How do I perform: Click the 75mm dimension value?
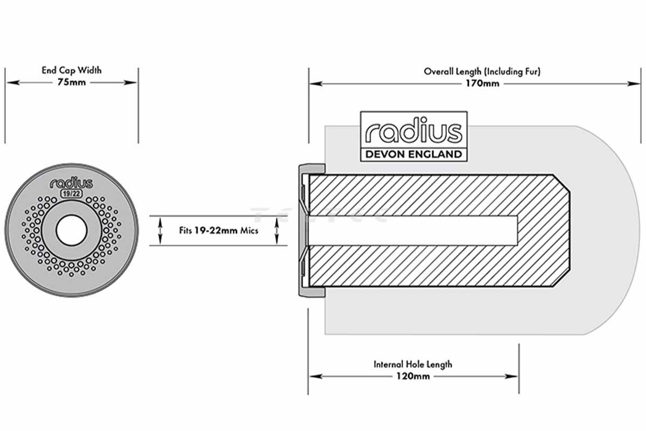72,82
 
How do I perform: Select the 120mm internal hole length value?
413,376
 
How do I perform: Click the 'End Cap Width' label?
72,70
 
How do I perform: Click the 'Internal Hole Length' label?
413,364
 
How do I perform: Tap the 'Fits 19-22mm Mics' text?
219,231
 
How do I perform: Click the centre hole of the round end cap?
71,231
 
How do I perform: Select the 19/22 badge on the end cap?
71,193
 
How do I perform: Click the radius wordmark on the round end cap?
71,183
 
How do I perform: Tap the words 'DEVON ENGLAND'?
413,154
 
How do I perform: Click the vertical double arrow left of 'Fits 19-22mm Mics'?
159,231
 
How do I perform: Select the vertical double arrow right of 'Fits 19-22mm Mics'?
277,231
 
